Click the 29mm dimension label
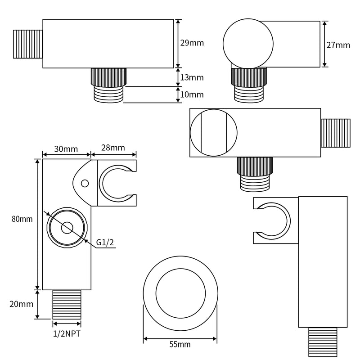pos(192,43)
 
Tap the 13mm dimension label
pos(192,77)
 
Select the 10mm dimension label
pos(192,94)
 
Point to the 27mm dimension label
pos(338,45)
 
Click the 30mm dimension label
pos(66,149)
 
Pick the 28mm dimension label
pos(113,148)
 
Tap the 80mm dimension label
pos(22,219)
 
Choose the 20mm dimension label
pos(21,304)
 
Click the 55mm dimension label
pos(180,344)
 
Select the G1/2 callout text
pos(105,242)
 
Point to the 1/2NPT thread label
pos(67,333)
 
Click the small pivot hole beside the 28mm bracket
pos(85,184)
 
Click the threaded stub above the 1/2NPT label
pos(67,305)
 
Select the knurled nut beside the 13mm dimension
pos(108,77)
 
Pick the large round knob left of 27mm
pos(248,44)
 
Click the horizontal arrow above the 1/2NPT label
pos(67,324)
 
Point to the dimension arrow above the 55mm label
pos(180,339)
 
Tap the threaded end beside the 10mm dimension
pos(108,94)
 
